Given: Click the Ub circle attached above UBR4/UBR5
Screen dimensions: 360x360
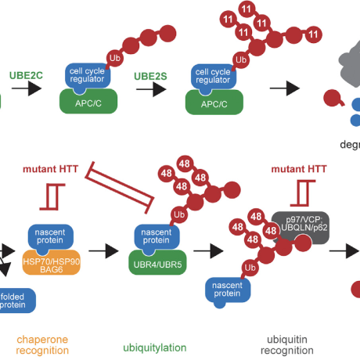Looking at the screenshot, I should (x=179, y=214).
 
